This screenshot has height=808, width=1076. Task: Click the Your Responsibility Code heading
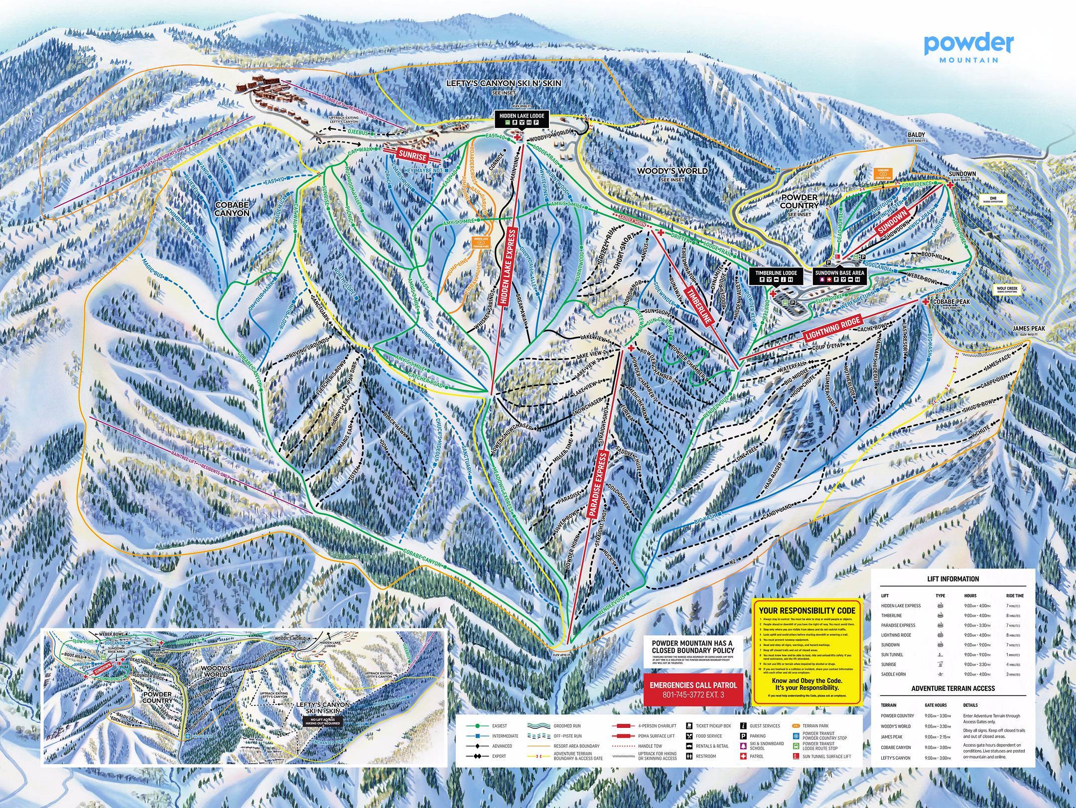pos(807,610)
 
